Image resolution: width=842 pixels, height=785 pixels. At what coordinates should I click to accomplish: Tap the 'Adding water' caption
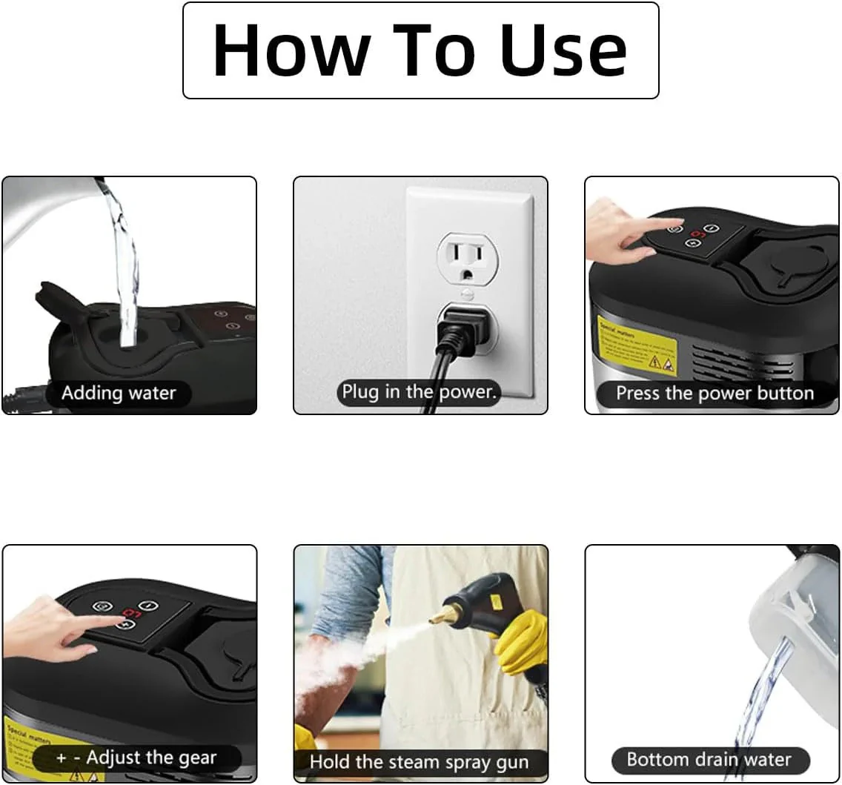pyautogui.click(x=119, y=393)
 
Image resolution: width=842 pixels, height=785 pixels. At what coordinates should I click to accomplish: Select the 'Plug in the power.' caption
pyautogui.click(x=419, y=392)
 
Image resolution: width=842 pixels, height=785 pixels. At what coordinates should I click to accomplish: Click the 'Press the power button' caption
pyautogui.click(x=715, y=393)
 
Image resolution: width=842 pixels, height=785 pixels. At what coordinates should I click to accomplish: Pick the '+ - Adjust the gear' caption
pyautogui.click(x=136, y=758)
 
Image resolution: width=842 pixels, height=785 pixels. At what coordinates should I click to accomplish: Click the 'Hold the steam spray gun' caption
pyautogui.click(x=419, y=761)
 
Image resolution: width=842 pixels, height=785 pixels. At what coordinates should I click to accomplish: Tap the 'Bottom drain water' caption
pyautogui.click(x=709, y=759)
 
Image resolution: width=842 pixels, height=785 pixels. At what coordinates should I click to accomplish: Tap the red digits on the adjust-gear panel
pyautogui.click(x=132, y=613)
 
